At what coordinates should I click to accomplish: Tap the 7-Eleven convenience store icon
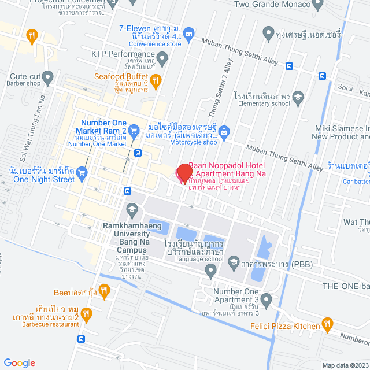point(188,35)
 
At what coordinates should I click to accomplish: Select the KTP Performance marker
point(163,57)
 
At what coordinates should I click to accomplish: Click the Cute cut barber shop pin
point(48,76)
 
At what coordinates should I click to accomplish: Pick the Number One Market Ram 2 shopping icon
point(134,131)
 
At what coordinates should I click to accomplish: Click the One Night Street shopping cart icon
point(82,172)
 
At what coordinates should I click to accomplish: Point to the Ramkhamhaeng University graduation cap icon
point(132,209)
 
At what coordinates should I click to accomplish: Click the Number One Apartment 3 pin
point(266,299)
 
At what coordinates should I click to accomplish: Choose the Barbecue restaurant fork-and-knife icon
point(86,315)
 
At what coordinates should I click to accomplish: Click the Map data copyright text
point(345,365)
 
